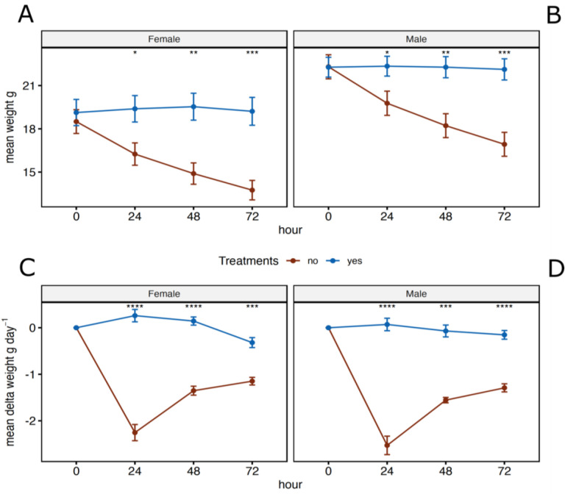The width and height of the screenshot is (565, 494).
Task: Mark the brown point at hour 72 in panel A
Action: tap(252, 190)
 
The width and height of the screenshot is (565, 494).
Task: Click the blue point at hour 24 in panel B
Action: tap(387, 66)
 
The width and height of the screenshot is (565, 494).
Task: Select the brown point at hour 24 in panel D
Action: tap(387, 445)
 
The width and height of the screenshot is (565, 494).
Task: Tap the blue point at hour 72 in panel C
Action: tap(252, 343)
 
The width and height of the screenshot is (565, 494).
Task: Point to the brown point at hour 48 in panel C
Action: tap(193, 390)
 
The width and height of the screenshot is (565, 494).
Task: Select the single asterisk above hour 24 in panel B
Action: tap(387, 53)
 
